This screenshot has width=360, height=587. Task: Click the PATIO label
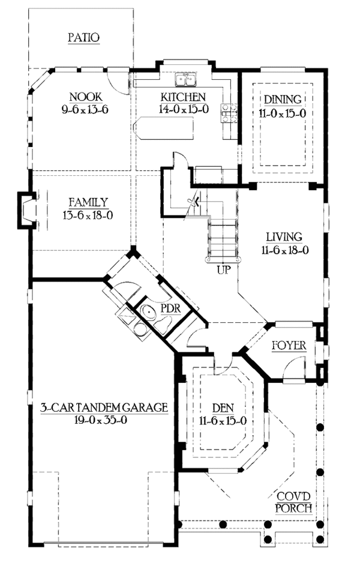click(x=83, y=37)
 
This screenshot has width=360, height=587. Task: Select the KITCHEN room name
click(x=183, y=97)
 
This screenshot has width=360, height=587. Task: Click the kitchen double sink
click(x=185, y=80)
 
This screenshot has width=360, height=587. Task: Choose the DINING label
click(x=281, y=99)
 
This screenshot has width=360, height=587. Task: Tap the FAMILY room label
click(x=88, y=202)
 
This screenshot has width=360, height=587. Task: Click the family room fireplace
click(x=27, y=210)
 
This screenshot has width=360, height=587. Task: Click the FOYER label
click(x=289, y=346)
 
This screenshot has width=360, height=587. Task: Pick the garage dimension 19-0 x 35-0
click(x=103, y=420)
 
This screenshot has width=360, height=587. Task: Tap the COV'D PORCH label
click(x=293, y=502)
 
